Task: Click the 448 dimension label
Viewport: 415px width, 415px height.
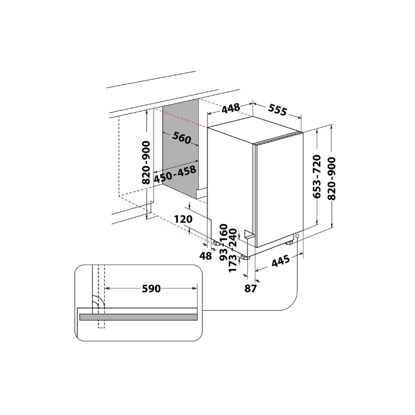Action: tap(231, 108)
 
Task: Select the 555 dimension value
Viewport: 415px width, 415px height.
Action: tap(278, 110)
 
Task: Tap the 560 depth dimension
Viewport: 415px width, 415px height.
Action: tap(182, 139)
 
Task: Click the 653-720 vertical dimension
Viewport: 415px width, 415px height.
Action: tap(317, 177)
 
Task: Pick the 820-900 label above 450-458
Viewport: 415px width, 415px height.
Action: tap(146, 162)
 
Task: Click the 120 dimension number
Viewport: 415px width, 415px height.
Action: tap(184, 219)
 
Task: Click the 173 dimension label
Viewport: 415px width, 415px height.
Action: tap(232, 263)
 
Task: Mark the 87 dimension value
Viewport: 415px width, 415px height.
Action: tap(251, 288)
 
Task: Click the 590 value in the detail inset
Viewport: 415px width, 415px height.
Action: tap(151, 288)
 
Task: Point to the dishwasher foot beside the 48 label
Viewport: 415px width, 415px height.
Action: tap(215, 242)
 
